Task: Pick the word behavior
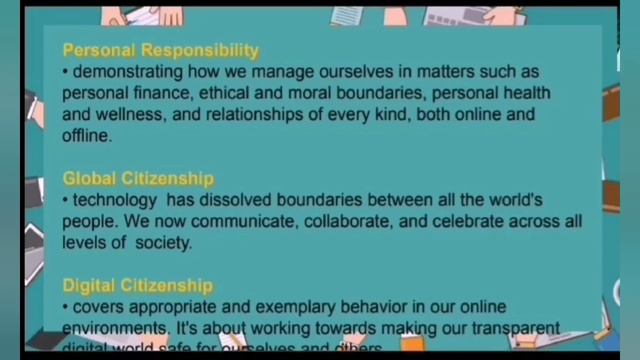[x=375, y=307]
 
